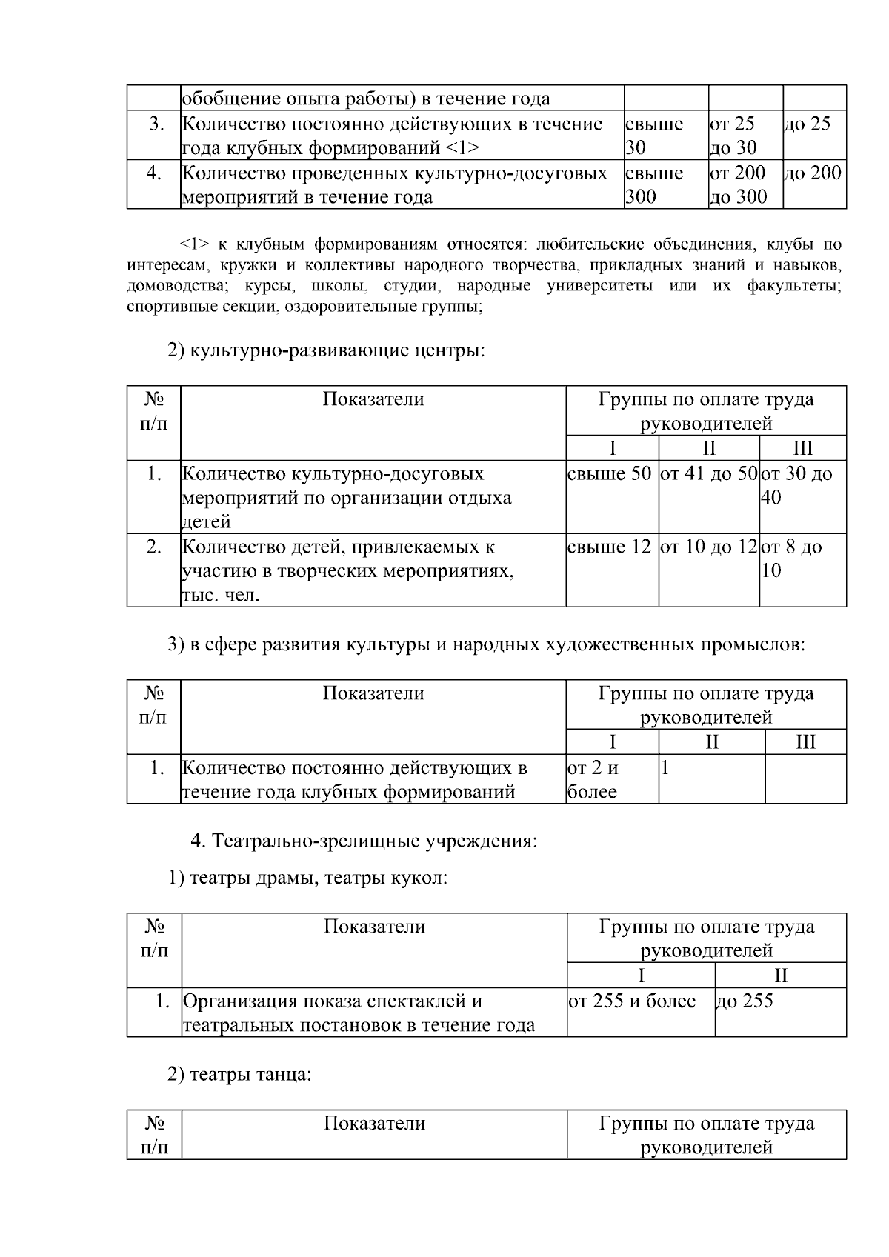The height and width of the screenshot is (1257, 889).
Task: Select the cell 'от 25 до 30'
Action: click(x=733, y=136)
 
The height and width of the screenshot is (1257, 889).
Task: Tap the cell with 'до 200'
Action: click(x=813, y=173)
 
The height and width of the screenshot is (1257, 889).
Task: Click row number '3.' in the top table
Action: click(x=156, y=124)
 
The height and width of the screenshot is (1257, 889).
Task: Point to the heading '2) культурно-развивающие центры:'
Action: click(x=327, y=350)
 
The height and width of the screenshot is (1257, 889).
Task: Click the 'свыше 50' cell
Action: click(x=609, y=473)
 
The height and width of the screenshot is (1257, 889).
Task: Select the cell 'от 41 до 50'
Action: click(x=709, y=473)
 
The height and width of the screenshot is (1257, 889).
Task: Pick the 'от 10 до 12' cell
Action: click(x=709, y=547)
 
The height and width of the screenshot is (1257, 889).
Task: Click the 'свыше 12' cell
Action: click(x=609, y=547)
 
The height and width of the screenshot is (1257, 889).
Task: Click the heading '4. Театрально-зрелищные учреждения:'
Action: click(x=364, y=841)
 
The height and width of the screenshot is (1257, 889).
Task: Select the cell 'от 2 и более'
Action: click(x=593, y=779)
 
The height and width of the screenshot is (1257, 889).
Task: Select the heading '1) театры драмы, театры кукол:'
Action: click(x=307, y=878)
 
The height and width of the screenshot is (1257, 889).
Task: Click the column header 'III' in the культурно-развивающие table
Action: click(x=802, y=448)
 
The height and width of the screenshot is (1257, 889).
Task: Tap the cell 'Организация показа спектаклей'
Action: click(x=359, y=1013)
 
